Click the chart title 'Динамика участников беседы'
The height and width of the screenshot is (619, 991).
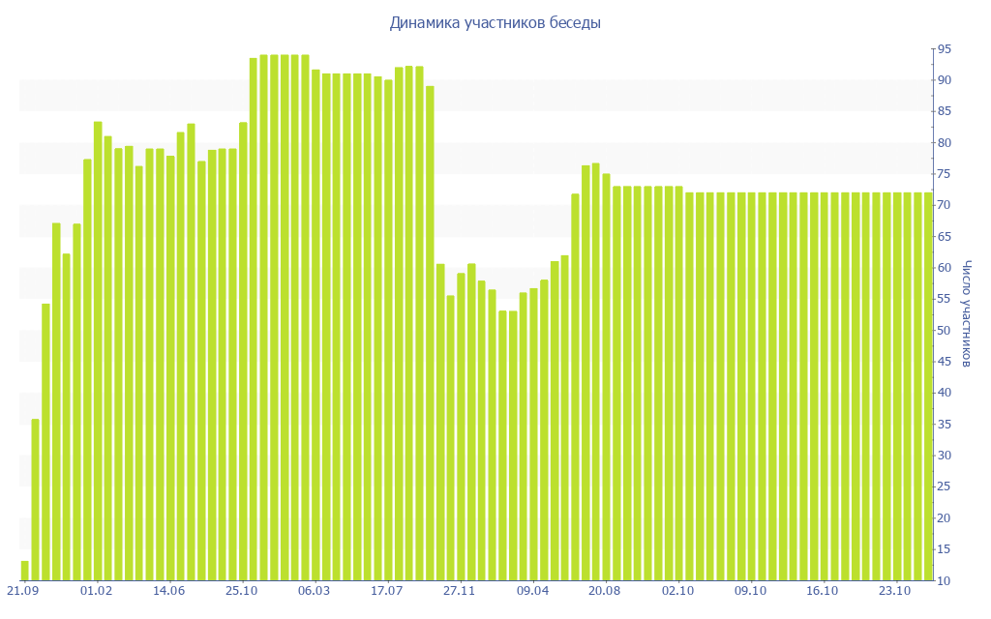coord(495,23)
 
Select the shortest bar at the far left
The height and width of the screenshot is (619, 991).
coord(25,571)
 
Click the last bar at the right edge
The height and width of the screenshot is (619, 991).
coord(928,387)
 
